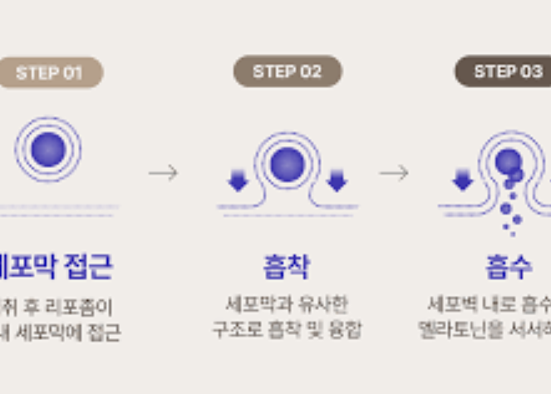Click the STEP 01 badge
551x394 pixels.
(50, 72)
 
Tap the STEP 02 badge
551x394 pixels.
(287, 71)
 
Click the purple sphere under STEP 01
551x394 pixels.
(48, 149)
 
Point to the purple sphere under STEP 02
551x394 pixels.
(287, 163)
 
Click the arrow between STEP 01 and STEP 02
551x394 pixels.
(164, 173)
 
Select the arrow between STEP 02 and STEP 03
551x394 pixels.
(395, 173)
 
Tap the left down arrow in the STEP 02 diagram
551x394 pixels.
(239, 180)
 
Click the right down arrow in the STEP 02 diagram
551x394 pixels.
(336, 180)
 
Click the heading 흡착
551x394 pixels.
(287, 267)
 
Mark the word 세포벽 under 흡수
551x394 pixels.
(450, 304)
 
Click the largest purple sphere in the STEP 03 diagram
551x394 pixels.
(508, 161)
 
